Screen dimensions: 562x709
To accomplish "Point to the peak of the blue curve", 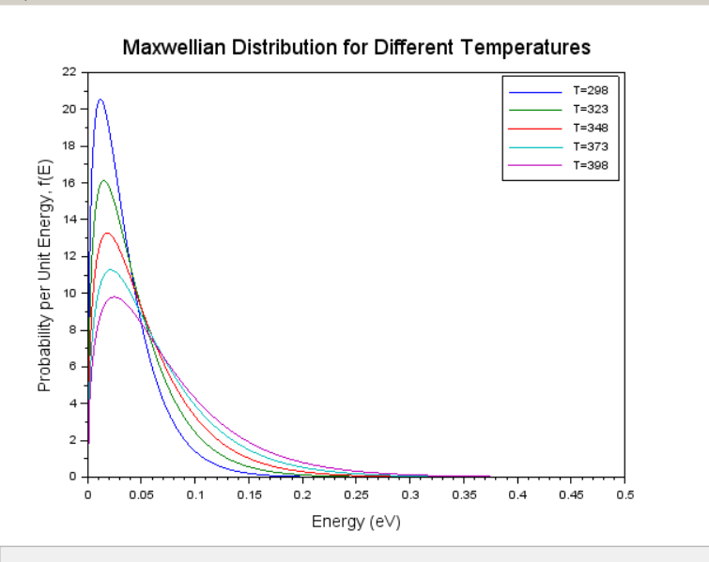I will click(100, 99).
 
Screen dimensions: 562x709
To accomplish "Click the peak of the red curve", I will click(107, 233).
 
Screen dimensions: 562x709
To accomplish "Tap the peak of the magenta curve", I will click(114, 296).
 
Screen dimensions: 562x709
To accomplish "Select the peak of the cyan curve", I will click(110, 269).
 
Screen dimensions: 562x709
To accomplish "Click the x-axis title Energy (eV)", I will click(356, 522).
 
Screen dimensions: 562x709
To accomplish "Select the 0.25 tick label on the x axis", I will click(356, 494).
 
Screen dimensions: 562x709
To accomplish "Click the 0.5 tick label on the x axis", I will click(625, 494).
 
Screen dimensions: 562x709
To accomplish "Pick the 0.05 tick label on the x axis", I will click(141, 494).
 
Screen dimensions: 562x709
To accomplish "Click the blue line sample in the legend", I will click(535, 91).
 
